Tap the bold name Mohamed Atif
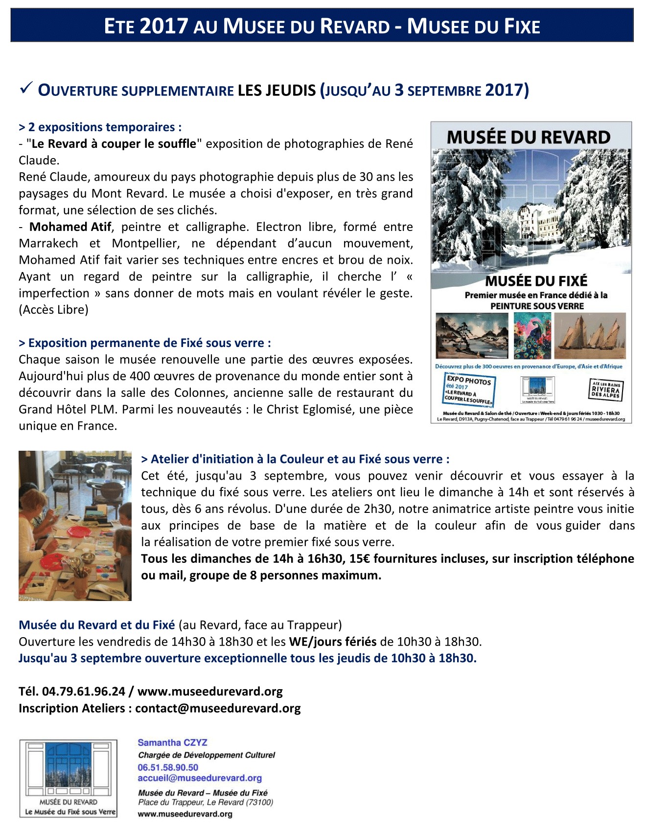point(70,227)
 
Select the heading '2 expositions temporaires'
point(100,127)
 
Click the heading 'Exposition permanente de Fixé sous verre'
point(145,343)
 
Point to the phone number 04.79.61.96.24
point(84,692)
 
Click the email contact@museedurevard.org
point(218,708)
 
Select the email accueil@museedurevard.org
point(200,778)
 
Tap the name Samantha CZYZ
point(173,742)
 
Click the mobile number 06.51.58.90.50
point(168,767)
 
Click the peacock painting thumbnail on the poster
point(532,336)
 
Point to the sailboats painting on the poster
point(590,336)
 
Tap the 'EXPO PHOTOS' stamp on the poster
point(468,390)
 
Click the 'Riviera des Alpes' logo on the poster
point(605,390)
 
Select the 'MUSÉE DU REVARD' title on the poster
point(529,138)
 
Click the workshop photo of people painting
point(75,526)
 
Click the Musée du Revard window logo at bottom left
point(69,778)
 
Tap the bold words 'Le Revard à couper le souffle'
point(114,144)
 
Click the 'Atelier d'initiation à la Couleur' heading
point(295,459)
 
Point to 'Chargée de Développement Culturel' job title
point(207,755)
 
